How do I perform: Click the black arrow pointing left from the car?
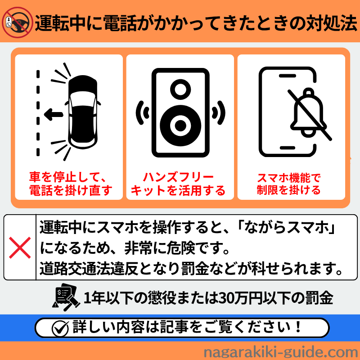[54, 115]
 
